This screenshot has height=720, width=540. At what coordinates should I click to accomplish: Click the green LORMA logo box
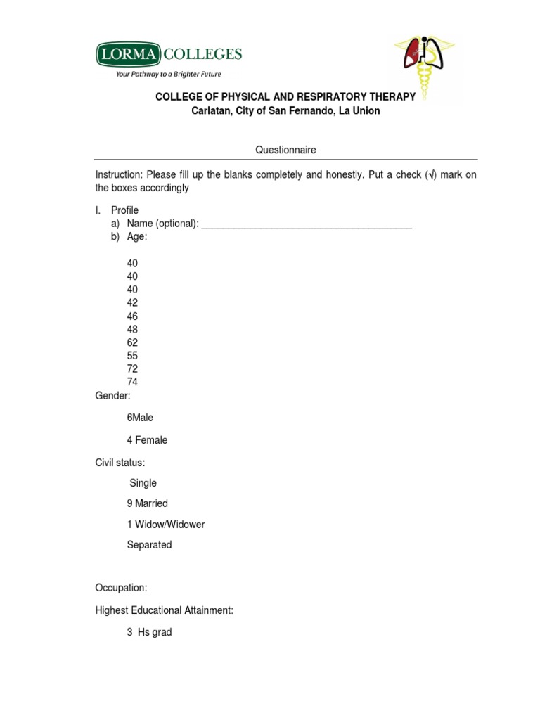coord(128,53)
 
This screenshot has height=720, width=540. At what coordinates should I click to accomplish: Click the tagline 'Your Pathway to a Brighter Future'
coord(169,74)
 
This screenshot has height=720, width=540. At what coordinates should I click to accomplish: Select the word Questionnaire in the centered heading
coord(285,150)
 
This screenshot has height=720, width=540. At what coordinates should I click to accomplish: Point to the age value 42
coord(132,303)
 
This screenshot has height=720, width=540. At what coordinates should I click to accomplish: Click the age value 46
coord(132,316)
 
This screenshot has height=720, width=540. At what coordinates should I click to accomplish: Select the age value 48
coord(132,330)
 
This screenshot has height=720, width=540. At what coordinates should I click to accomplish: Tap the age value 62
coord(132,342)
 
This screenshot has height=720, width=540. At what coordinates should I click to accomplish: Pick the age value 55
coord(132,356)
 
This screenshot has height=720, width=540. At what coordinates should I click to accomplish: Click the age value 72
coord(132,369)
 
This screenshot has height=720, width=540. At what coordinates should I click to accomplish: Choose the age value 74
coord(132,382)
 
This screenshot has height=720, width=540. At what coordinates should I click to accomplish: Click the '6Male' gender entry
coord(140,418)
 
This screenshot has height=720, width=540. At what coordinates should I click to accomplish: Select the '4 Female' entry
coord(147,440)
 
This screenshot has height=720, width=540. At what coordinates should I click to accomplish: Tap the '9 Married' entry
coord(147,503)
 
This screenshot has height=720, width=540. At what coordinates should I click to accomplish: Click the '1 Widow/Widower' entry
coord(165,525)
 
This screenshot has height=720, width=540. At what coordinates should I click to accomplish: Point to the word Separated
coord(149,545)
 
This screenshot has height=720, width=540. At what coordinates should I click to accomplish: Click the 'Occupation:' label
coord(121,588)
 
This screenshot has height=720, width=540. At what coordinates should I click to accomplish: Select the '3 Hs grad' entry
coord(149,632)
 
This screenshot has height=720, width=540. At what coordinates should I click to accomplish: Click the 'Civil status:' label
coord(120,463)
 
